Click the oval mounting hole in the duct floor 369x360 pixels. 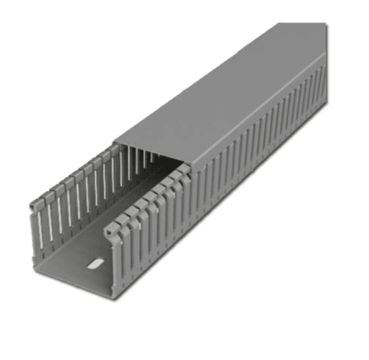91,265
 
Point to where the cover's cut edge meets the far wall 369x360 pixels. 114,142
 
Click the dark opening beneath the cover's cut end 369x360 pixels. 148,166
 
